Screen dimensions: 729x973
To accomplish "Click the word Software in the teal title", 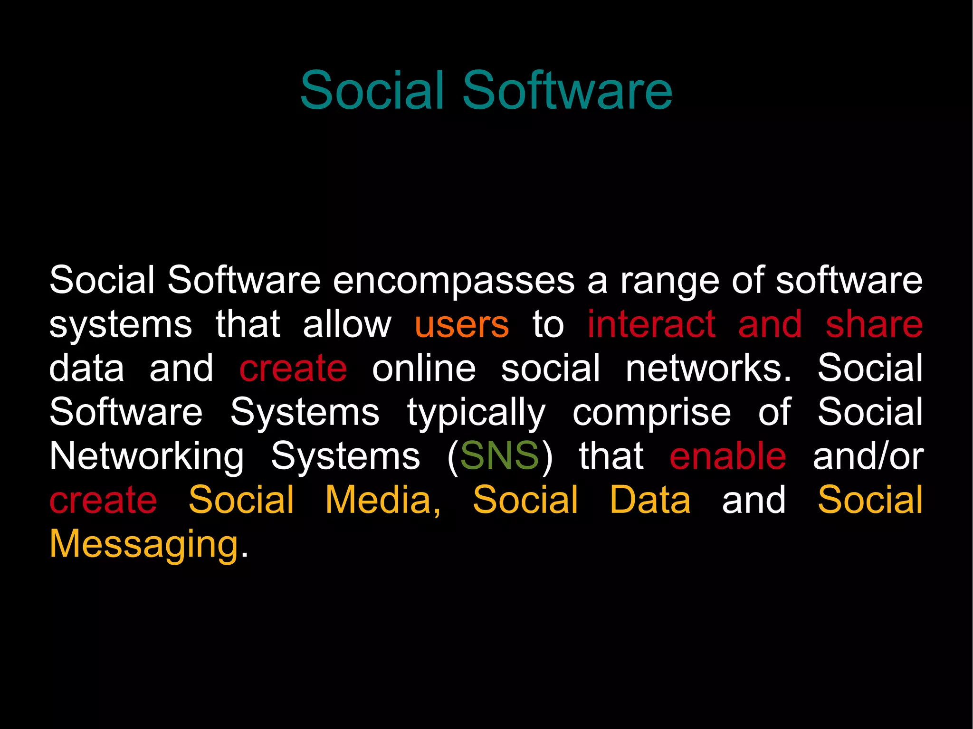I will coord(567,90).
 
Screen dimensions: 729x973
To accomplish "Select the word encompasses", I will coord(454,280).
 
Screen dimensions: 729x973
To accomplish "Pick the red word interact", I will coord(651,324).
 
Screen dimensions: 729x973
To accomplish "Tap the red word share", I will coord(874,324).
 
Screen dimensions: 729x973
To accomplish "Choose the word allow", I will coord(347,324).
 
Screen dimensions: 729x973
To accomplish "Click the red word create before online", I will coord(293,369).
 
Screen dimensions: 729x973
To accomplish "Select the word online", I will coord(424,369).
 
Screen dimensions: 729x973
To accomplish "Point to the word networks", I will coord(708,369).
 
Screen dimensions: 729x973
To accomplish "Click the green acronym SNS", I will coord(499,456).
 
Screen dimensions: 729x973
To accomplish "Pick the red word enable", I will coord(728,456).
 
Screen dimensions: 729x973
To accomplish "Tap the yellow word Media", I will coord(383,500).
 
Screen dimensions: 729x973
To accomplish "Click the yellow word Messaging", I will coord(143,545).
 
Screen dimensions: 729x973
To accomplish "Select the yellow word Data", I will coord(650,500).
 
